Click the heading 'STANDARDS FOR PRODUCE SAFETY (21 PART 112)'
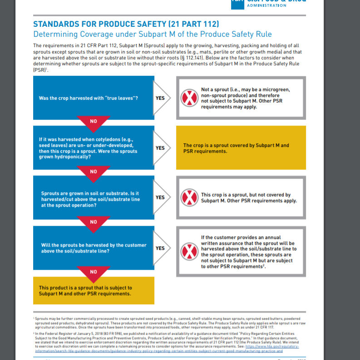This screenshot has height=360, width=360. click(x=126, y=24)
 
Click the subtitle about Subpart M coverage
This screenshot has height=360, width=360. click(x=153, y=34)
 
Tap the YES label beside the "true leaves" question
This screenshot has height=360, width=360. click(x=160, y=98)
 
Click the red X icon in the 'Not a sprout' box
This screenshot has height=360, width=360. click(x=188, y=98)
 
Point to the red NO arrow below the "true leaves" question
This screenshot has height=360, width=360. click(x=94, y=121)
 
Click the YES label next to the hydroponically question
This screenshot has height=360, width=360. click(x=160, y=148)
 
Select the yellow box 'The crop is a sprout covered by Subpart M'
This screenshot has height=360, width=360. click(x=241, y=148)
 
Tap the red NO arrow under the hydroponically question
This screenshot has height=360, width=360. click(x=94, y=171)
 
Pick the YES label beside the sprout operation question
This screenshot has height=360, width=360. click(x=160, y=198)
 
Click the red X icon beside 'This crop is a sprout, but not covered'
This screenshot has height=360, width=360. click(x=188, y=198)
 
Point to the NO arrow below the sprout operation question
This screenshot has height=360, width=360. click(x=94, y=221)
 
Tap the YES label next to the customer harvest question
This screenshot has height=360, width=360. click(x=160, y=248)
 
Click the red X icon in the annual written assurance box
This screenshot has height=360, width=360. click(x=188, y=251)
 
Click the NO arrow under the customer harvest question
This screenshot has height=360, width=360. click(x=94, y=272)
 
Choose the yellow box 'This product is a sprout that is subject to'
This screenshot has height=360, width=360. click(x=93, y=291)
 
